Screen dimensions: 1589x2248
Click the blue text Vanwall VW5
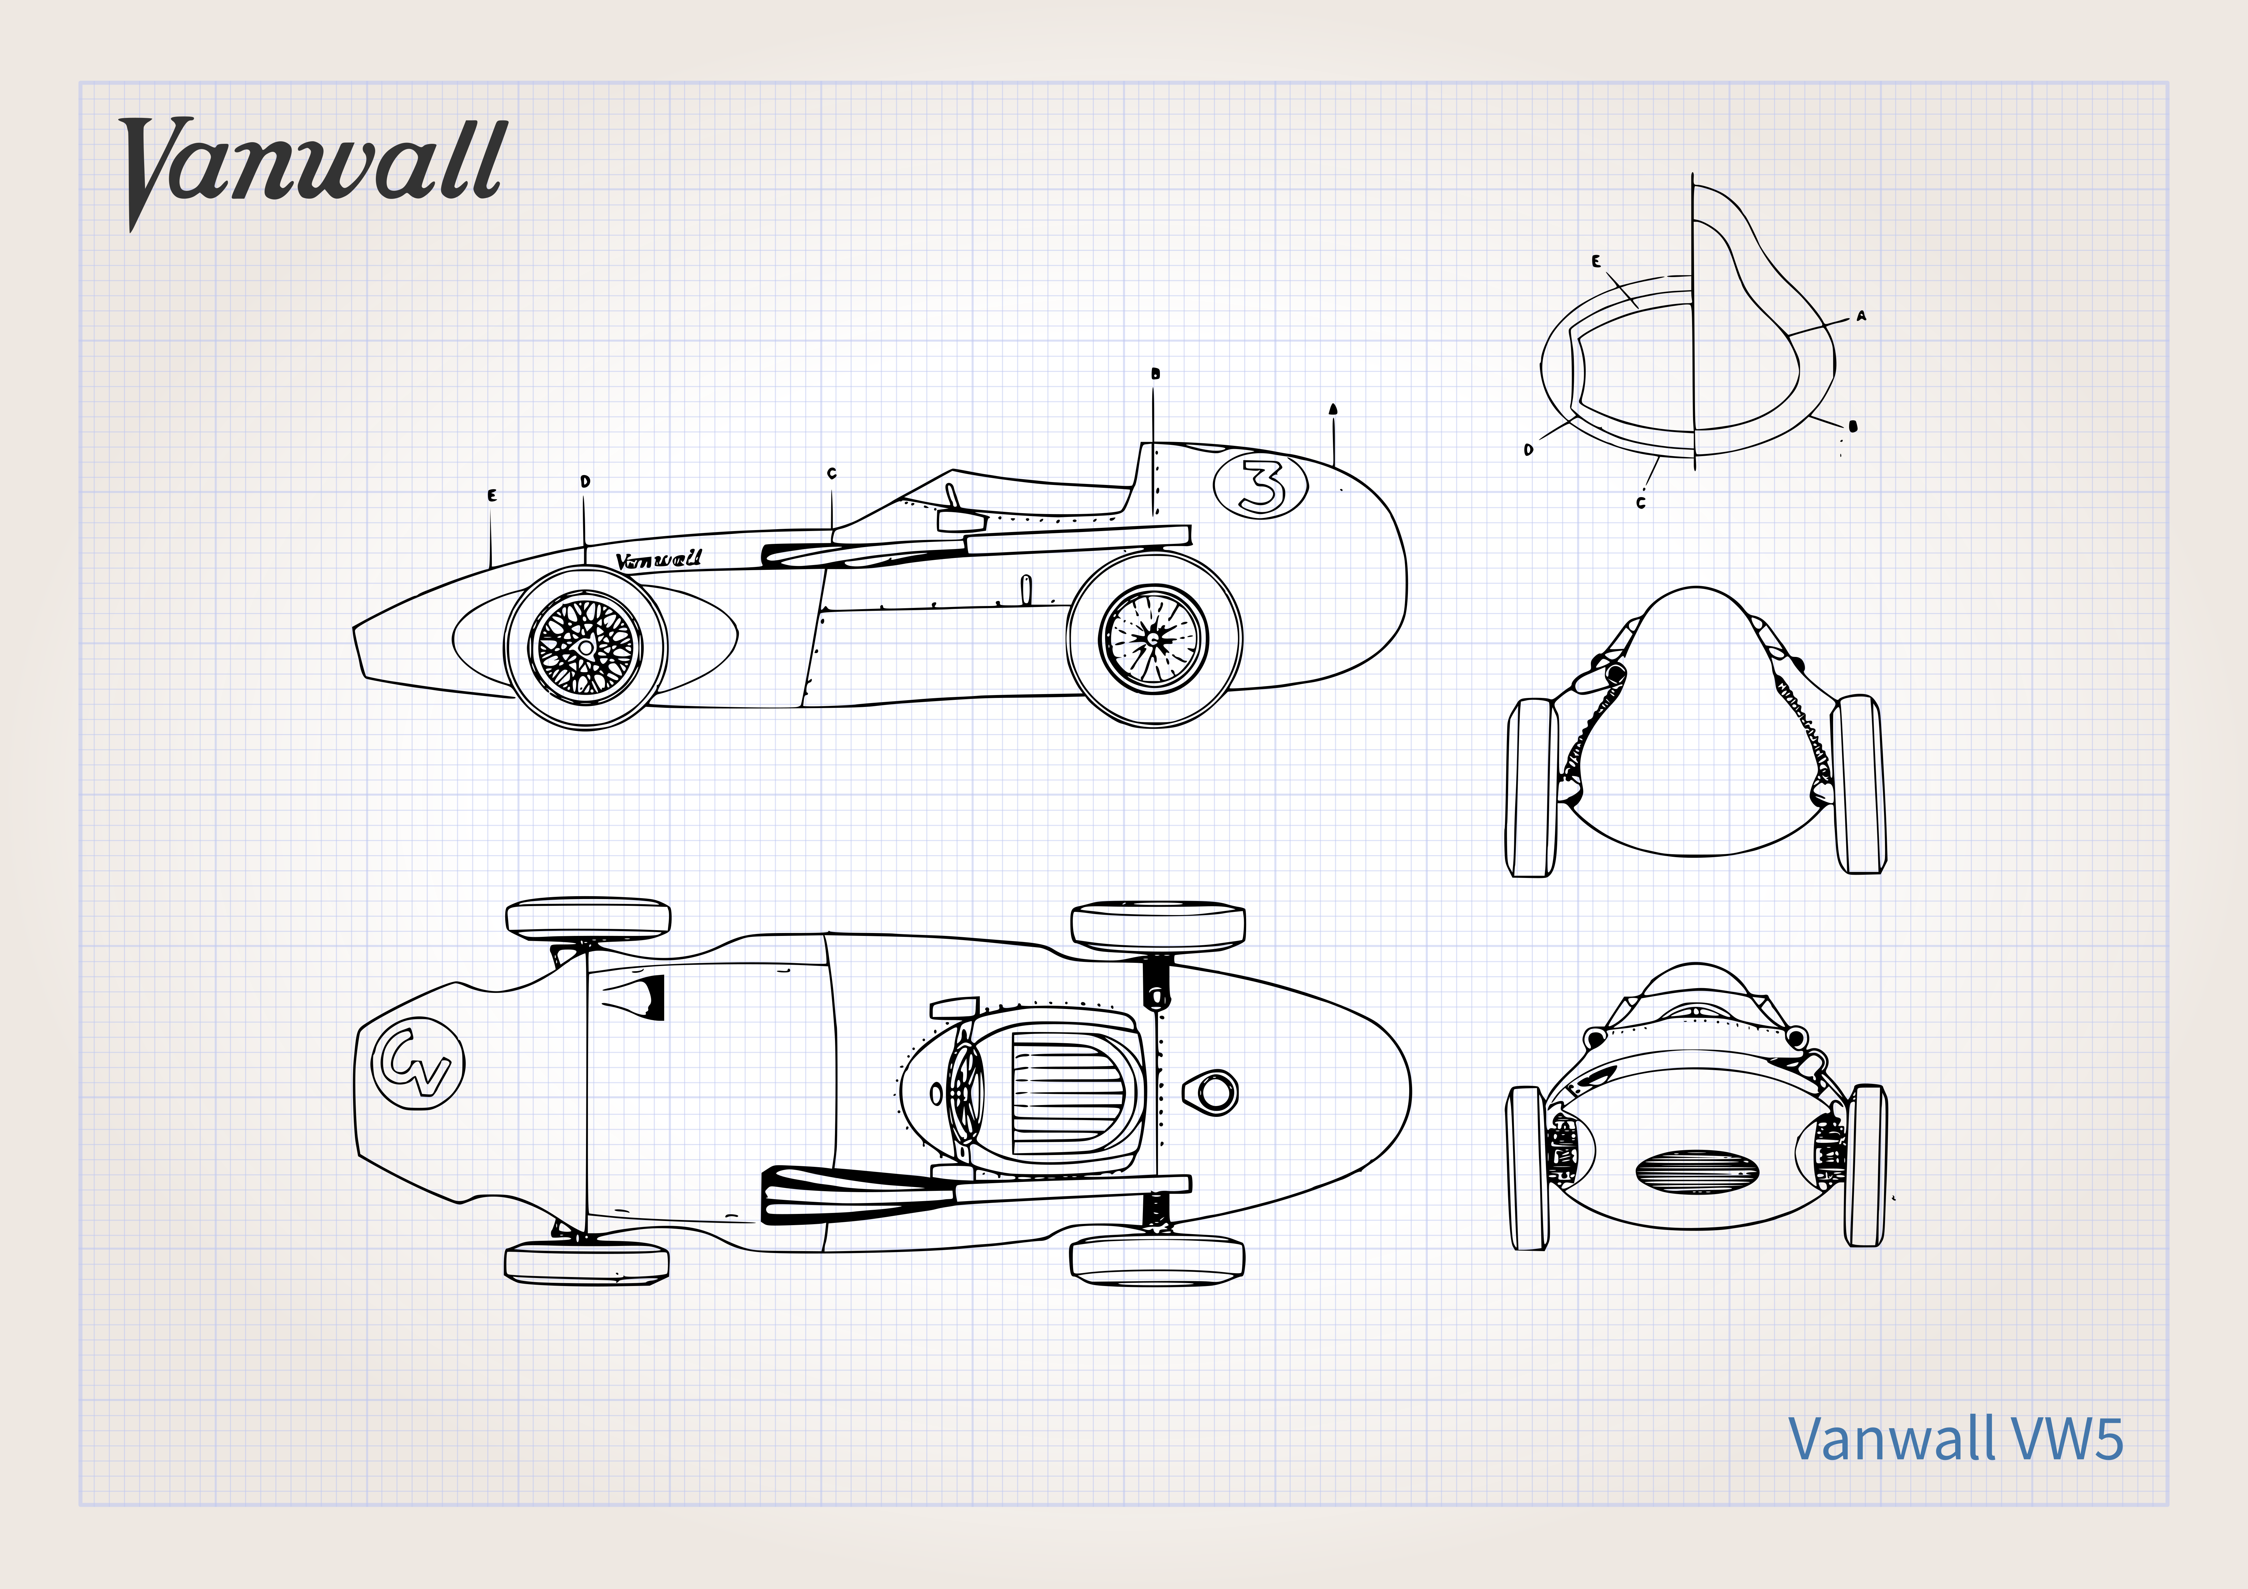click(x=1955, y=1439)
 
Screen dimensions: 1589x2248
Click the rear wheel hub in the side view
click(x=1153, y=638)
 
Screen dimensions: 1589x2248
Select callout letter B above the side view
click(x=1155, y=373)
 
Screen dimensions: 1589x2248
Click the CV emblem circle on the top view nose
click(x=418, y=1063)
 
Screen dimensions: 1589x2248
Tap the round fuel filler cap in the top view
click(x=1215, y=1092)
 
